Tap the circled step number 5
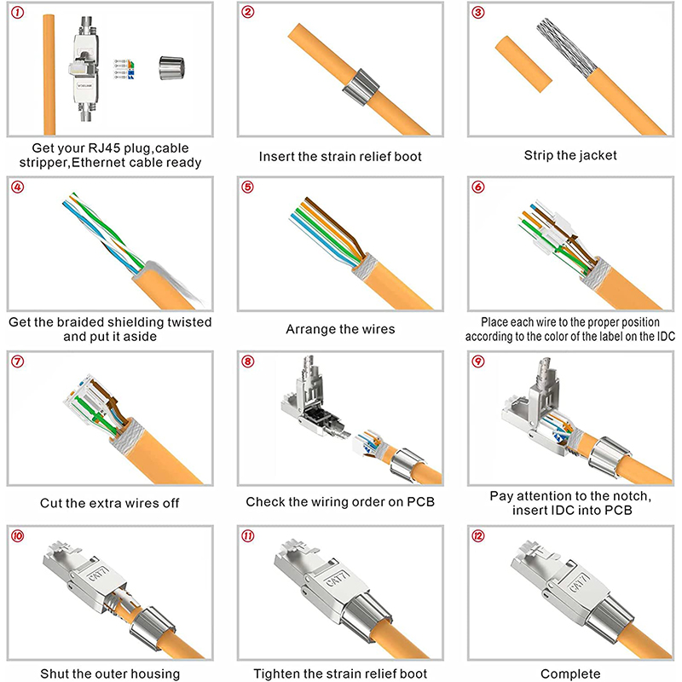[248, 188]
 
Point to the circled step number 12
[479, 536]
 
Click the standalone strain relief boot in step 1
[174, 67]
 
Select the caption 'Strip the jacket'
[569, 156]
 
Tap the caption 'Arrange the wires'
[339, 328]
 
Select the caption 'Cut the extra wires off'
[109, 501]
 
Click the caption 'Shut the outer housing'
[109, 673]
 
